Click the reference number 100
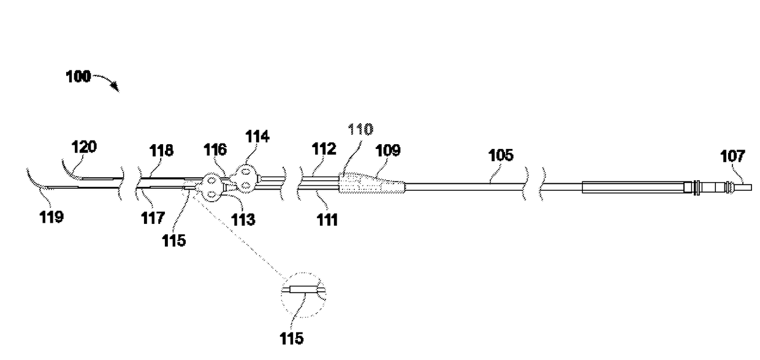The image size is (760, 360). (78, 77)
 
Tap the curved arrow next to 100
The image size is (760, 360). (108, 82)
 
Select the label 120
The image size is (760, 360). (85, 148)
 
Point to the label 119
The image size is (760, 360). (51, 216)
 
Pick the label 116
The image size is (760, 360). (216, 149)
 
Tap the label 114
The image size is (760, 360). (257, 136)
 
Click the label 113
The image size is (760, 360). (243, 219)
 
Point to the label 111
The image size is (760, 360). (327, 220)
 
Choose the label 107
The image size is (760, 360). (733, 157)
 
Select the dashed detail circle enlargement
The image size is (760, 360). (303, 295)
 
